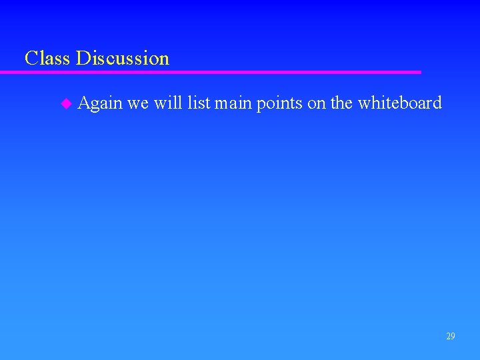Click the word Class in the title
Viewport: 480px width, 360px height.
(x=48, y=58)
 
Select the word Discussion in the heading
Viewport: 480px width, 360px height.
(x=123, y=58)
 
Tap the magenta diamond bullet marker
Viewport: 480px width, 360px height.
(x=65, y=103)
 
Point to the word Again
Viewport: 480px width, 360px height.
(x=100, y=103)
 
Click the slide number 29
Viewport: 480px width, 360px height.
(x=451, y=336)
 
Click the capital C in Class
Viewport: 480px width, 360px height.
(x=31, y=58)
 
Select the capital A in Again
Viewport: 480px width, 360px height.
(x=84, y=103)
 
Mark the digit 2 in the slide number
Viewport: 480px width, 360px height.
(x=448, y=336)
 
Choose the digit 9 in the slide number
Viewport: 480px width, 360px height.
(x=453, y=336)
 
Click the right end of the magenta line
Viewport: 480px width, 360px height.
(x=419, y=72)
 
